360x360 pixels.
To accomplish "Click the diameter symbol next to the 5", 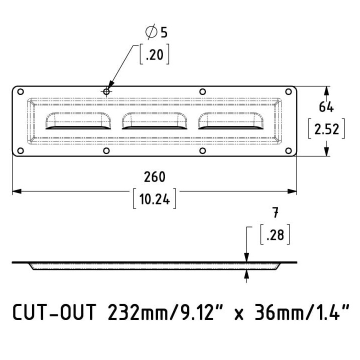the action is [151, 31].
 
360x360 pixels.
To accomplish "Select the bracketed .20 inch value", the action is [154, 54].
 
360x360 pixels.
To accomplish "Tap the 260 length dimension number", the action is [154, 177].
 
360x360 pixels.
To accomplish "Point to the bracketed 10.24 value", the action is [154, 198].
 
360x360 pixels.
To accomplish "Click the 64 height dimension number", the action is [326, 107].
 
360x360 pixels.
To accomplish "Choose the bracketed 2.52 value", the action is [326, 129].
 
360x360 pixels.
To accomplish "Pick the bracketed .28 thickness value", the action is [275, 234].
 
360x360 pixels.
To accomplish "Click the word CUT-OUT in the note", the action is [54, 312].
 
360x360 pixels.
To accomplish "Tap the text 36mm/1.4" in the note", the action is [301, 312].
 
